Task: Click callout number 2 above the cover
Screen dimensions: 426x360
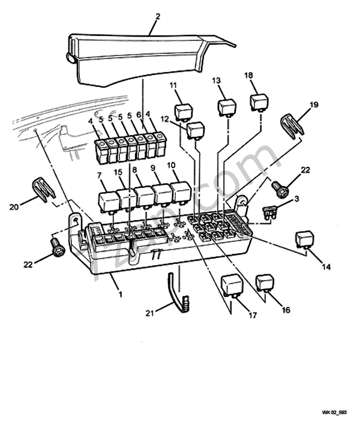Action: [157, 16]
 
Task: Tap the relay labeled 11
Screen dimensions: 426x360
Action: [183, 112]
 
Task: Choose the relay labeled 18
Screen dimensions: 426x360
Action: [259, 102]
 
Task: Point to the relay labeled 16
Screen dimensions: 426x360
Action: [265, 283]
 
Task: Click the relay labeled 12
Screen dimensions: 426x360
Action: [196, 130]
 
